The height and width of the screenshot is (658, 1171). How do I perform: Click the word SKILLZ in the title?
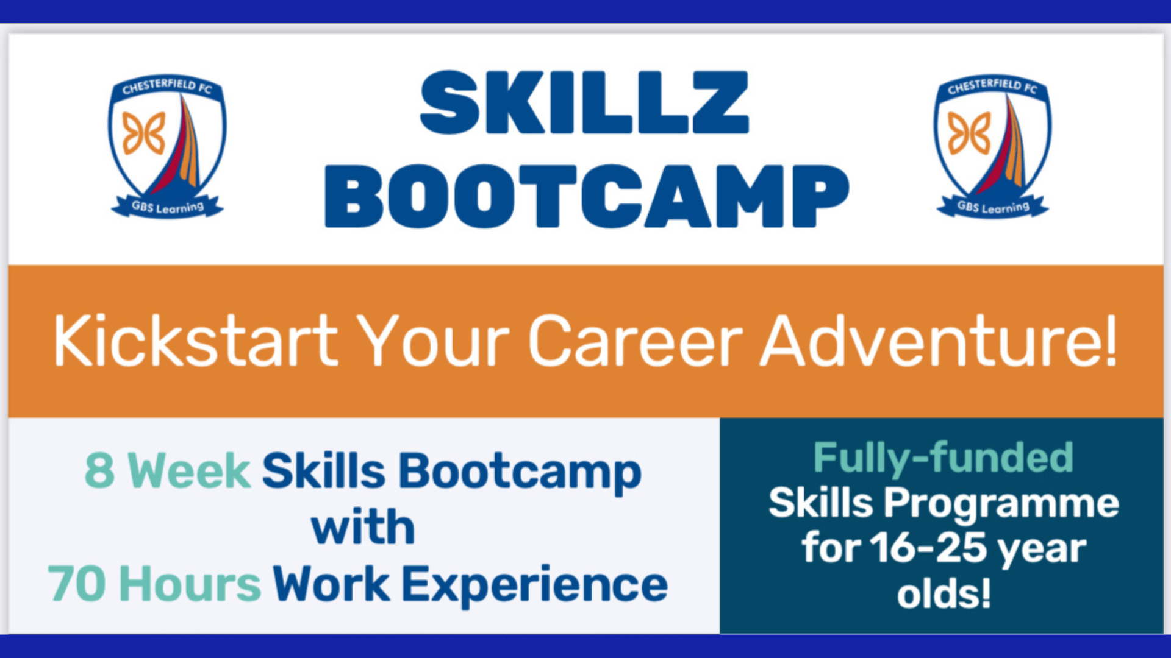(584, 102)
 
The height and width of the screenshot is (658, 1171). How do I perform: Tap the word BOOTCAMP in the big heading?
(587, 196)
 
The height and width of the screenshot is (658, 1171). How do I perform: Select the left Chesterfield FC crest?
(167, 146)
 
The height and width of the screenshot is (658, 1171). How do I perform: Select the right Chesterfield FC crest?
(992, 146)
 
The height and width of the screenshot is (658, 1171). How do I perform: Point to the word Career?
(636, 341)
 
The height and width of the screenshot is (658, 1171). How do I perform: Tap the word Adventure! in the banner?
(939, 341)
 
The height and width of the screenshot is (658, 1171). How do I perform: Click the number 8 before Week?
(100, 470)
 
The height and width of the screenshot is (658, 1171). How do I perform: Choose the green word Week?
(189, 470)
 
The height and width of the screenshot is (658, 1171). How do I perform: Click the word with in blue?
(363, 526)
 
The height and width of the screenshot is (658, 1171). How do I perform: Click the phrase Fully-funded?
(944, 458)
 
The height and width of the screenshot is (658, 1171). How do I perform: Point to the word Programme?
(1001, 504)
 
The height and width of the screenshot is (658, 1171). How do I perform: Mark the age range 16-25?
(928, 547)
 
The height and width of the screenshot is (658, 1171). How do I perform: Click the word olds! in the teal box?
(944, 593)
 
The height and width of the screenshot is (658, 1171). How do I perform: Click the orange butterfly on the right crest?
(969, 133)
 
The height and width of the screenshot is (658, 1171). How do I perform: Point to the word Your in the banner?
(433, 341)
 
